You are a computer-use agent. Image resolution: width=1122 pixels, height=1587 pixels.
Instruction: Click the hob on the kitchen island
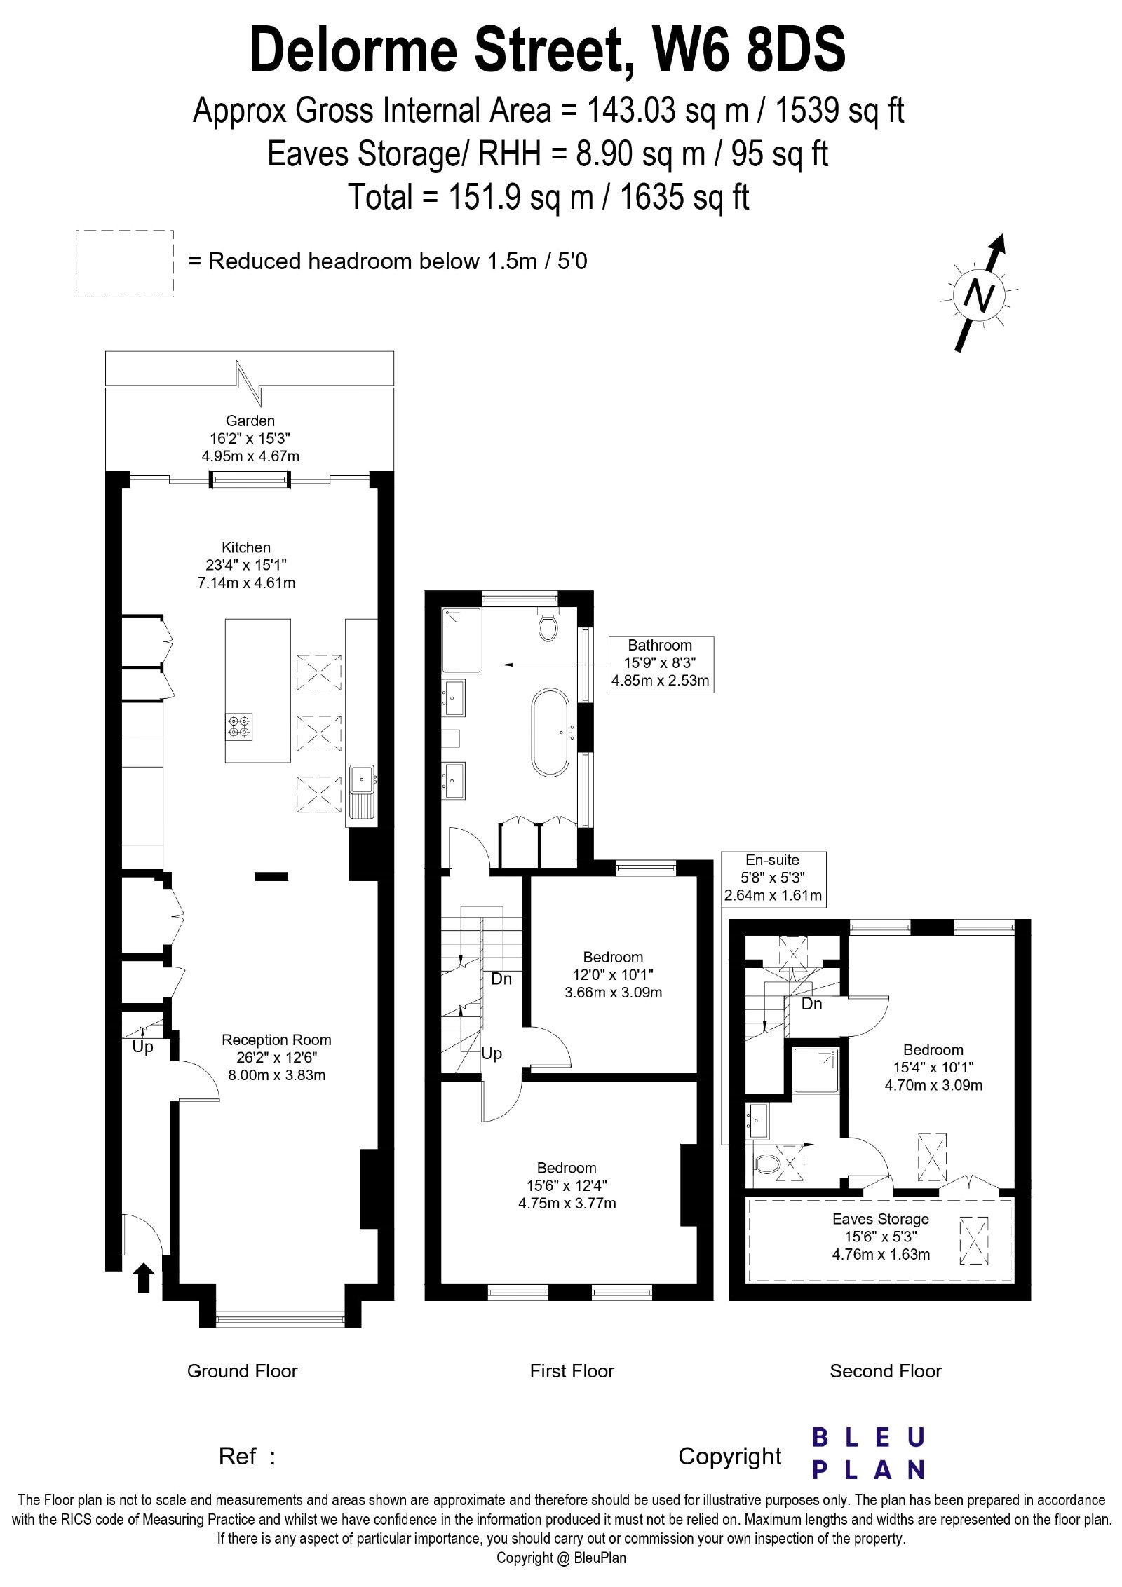pos(239,726)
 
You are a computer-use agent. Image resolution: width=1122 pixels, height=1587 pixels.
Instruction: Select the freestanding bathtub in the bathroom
pos(551,733)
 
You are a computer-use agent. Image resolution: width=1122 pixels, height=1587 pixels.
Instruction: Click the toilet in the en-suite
pos(766,1164)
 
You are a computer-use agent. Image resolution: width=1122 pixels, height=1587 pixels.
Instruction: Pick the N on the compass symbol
pos(980,295)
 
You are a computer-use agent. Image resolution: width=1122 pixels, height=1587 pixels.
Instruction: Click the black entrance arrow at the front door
pos(144,1277)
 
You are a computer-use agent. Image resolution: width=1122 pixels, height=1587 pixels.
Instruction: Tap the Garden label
pos(250,421)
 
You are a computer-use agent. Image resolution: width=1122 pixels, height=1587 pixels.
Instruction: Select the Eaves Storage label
pos(881,1219)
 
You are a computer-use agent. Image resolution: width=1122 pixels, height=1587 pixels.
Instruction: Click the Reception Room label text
pos(276,1040)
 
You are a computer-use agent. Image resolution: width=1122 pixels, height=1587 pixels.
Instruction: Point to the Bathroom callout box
pos(661,665)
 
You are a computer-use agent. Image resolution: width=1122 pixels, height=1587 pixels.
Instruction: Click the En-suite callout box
pos(773,880)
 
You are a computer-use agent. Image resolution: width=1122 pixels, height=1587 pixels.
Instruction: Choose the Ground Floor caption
pos(242,1370)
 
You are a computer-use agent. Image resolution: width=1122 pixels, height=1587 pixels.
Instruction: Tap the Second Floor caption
pos(886,1370)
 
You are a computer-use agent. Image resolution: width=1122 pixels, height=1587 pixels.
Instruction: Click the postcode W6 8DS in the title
pos(749,49)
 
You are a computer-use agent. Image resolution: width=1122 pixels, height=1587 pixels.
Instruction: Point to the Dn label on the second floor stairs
pos(812,1003)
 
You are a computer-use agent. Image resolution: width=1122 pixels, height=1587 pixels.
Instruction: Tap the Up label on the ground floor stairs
pos(142,1047)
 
